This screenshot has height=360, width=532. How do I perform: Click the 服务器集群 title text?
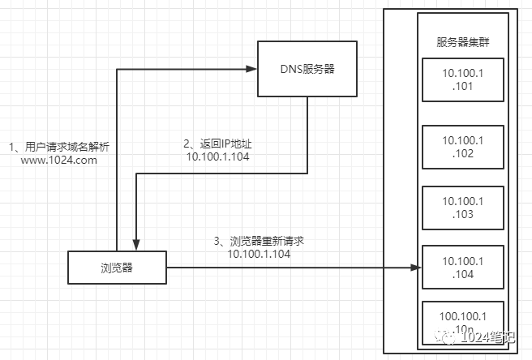463,42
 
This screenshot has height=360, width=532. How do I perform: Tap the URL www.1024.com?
59,161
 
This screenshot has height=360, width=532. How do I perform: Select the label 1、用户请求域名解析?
59,147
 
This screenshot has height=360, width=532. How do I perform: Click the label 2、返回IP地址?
217,144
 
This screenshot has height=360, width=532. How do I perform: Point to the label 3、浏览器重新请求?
259,241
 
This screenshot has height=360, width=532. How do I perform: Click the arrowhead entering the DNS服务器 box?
251,69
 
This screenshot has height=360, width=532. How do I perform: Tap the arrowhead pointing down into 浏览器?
136,245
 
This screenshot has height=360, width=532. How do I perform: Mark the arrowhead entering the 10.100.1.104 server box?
416,268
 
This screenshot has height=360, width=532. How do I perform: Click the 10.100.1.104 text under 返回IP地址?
218,156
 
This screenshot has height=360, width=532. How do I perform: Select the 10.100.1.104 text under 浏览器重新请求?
259,254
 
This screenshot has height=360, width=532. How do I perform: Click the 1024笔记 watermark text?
488,337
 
